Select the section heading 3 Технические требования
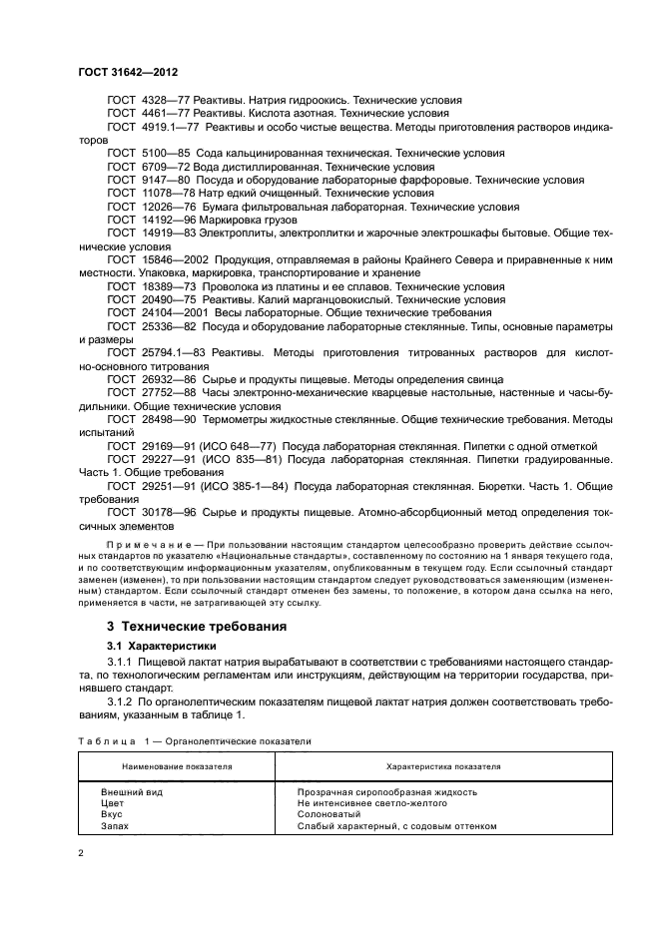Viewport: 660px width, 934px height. click(197, 627)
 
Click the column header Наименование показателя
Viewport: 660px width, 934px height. click(178, 766)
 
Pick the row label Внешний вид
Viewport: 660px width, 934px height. click(132, 791)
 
